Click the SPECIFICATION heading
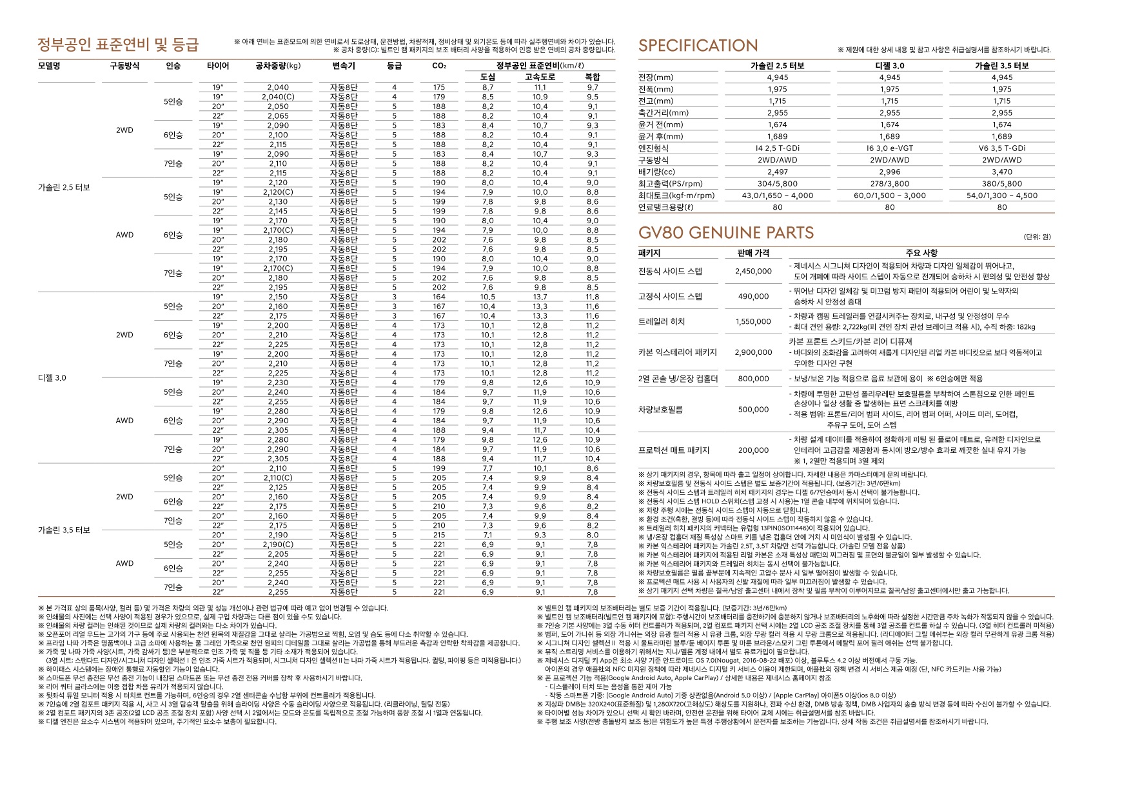click(x=698, y=46)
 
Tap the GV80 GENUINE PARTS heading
click(x=726, y=233)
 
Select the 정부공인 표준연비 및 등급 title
click(x=118, y=45)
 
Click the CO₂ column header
click(x=439, y=66)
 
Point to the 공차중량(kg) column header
click(x=278, y=66)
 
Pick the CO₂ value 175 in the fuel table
click(x=439, y=87)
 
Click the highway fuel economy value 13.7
click(x=540, y=297)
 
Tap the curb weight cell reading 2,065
click(x=278, y=116)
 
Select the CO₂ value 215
click(x=439, y=535)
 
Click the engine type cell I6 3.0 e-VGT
click(x=890, y=148)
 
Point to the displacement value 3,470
click(x=1001, y=172)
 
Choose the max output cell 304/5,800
click(x=778, y=184)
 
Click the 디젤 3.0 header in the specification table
click(x=890, y=66)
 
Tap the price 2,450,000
click(x=753, y=272)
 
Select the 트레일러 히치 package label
click(x=662, y=321)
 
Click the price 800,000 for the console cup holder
click(x=753, y=379)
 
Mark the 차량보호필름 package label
click(x=660, y=410)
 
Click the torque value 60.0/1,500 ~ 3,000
click(x=890, y=195)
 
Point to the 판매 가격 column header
click(x=753, y=253)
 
